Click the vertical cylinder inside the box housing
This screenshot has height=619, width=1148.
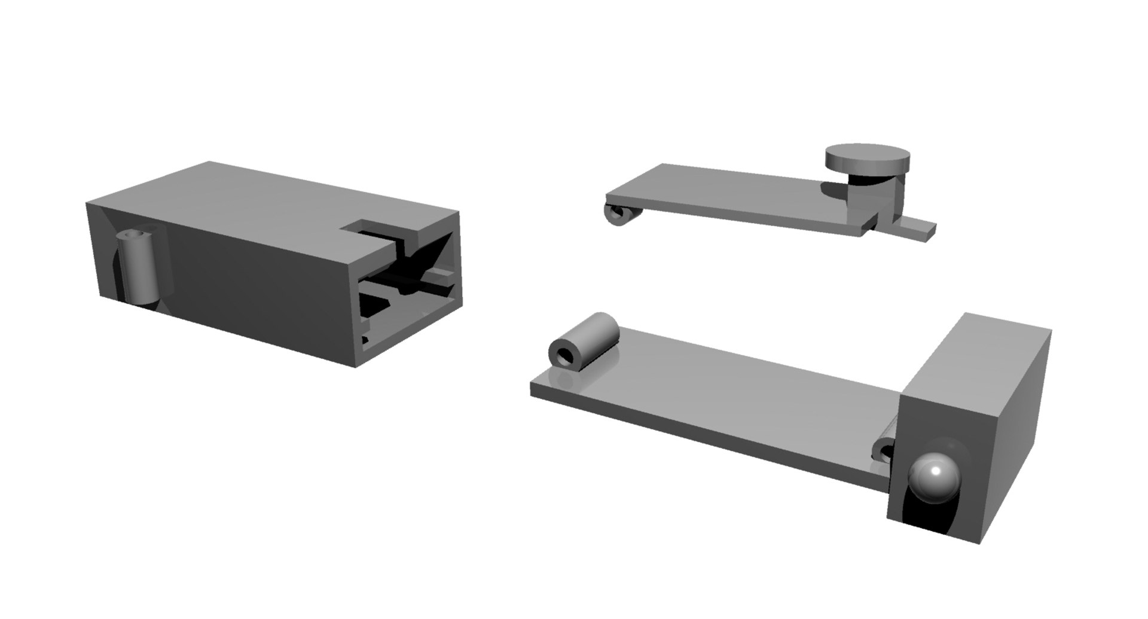click(139, 269)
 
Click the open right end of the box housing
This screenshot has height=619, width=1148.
click(413, 293)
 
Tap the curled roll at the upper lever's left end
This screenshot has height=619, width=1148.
click(619, 215)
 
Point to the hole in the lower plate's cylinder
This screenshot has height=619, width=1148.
click(564, 358)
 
